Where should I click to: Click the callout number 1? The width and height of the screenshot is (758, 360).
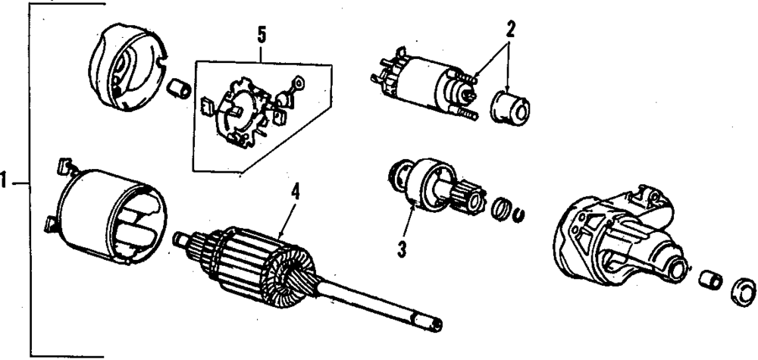(x=6, y=182)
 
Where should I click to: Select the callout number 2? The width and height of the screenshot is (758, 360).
(x=510, y=31)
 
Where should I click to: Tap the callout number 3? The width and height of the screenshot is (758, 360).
(x=400, y=247)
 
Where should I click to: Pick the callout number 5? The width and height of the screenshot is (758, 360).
(x=262, y=35)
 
